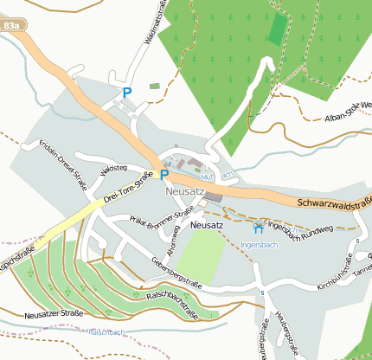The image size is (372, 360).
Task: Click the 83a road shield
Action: pos(11,27)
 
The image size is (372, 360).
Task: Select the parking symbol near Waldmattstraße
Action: pos(127,93)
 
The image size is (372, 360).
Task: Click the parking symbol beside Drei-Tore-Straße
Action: pos(164,174)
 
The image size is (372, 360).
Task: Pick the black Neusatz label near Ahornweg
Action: pos(206,225)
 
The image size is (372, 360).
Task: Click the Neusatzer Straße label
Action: pos(54,312)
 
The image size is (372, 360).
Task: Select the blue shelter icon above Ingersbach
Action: pos(258,228)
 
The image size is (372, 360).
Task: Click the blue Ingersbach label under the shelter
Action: pos(258,245)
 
